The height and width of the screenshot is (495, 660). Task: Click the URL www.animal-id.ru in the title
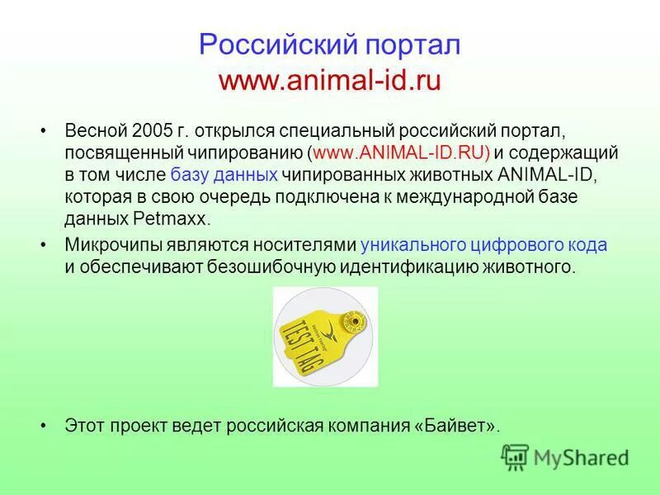[x=330, y=80]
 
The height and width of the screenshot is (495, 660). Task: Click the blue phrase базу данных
[x=224, y=175]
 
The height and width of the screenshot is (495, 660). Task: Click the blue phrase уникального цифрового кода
[x=484, y=245]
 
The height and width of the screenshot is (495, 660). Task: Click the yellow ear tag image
[x=325, y=337]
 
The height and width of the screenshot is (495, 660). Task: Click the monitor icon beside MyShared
[x=516, y=456]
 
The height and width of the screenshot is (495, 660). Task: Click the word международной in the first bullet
[x=482, y=196]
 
